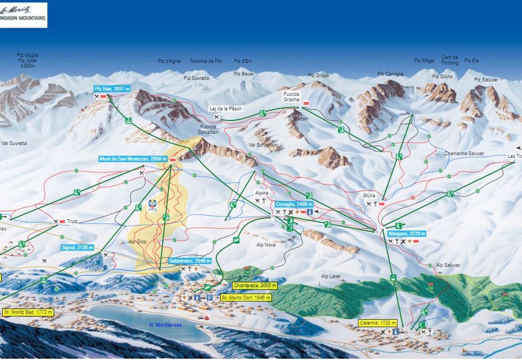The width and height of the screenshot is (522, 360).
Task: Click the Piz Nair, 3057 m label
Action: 112,89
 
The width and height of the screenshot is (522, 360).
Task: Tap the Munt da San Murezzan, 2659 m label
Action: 133,159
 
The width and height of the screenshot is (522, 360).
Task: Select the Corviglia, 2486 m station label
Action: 294,205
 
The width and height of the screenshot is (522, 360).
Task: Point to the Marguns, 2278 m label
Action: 406,233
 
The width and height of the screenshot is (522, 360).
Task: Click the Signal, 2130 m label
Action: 77,247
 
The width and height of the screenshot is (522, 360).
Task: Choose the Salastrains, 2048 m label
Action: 190,261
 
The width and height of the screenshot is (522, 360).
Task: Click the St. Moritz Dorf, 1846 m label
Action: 246,298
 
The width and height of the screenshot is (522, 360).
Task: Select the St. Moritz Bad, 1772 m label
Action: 28,312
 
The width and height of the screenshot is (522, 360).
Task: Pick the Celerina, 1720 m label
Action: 378,323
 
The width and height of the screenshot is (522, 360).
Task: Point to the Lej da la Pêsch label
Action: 226,109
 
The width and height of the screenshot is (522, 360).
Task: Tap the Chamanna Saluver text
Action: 464,154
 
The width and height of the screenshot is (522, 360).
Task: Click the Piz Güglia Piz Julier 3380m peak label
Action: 27,60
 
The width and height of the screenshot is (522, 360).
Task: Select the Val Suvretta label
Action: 14,144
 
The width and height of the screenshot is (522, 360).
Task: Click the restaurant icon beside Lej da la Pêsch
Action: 216,117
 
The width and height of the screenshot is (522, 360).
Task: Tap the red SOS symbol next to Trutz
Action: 62,221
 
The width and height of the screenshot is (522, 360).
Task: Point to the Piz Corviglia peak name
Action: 390,74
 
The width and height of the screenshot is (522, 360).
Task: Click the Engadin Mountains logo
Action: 23,15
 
